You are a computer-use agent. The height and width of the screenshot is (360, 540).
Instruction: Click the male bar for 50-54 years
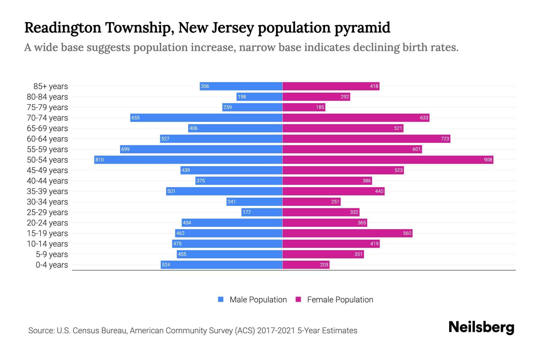point(188,160)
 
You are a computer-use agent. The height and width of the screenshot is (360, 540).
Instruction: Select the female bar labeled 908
point(388,160)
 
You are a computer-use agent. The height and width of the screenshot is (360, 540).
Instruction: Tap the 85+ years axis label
point(50,86)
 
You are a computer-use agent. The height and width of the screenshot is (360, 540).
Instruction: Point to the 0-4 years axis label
point(52,265)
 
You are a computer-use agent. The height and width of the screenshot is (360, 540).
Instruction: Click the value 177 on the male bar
point(247,212)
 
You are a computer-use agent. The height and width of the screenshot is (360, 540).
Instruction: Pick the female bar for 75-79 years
point(304,107)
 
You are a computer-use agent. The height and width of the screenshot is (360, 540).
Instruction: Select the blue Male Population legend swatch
point(221,299)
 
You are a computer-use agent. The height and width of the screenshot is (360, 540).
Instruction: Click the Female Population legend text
point(340,300)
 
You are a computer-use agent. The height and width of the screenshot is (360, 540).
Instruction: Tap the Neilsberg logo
point(481,327)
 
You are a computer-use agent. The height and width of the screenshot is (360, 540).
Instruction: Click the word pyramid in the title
point(362,28)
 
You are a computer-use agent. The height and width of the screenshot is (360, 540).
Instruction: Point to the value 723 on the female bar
point(445,139)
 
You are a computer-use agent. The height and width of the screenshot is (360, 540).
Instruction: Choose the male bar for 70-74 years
point(206,118)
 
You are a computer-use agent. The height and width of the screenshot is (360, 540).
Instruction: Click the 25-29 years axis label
point(47,212)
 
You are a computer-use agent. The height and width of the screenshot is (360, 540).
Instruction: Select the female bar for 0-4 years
point(306,265)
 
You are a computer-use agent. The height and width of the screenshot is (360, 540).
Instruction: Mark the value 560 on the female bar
point(407,233)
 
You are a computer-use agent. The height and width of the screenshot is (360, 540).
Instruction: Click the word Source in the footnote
point(41,331)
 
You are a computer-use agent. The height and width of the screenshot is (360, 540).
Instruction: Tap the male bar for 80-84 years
point(259,97)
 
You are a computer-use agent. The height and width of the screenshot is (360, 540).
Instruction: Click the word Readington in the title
point(63,28)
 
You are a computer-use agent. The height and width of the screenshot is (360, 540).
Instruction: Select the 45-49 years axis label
point(47,170)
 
